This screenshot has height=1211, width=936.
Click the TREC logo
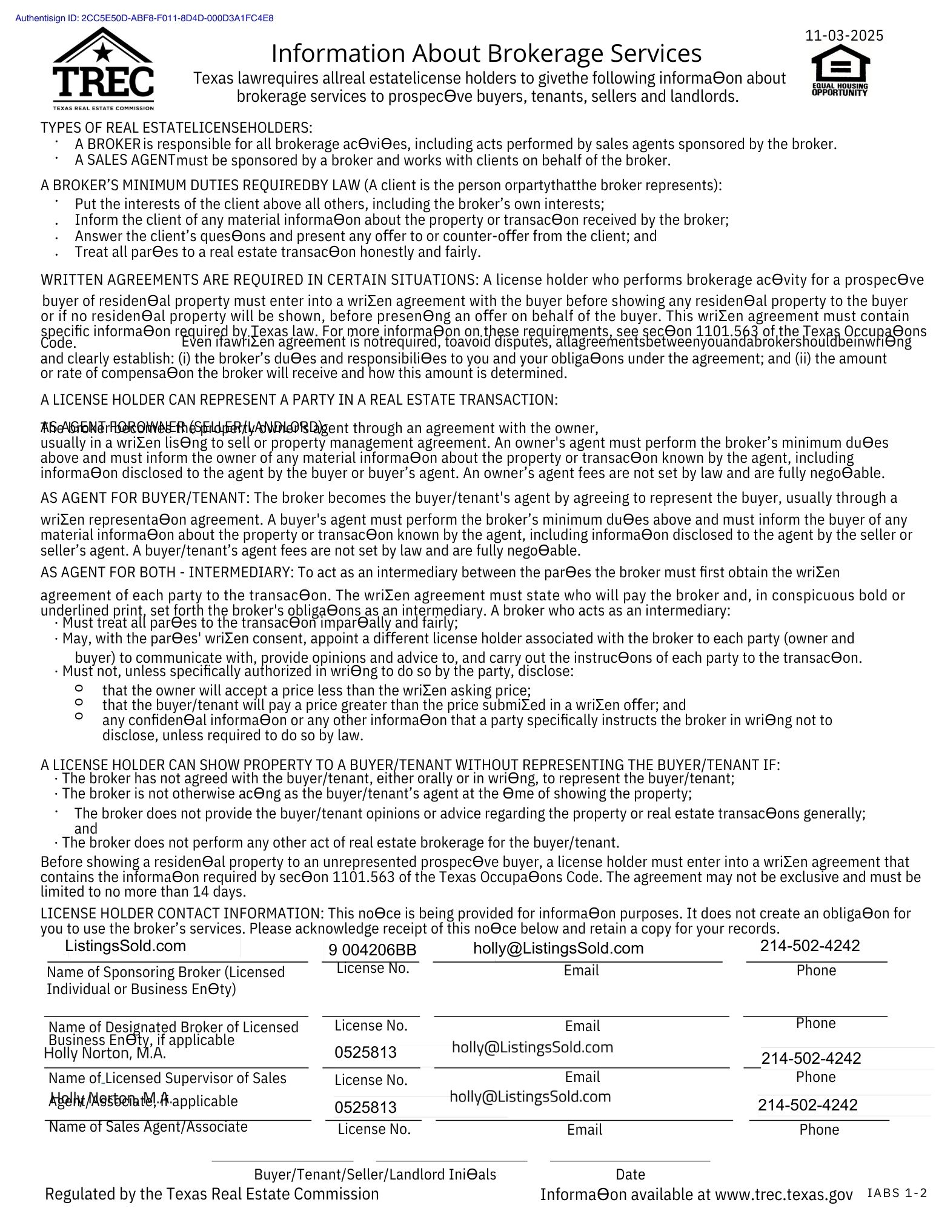pyautogui.click(x=103, y=68)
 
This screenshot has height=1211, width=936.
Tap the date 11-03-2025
pyautogui.click(x=844, y=36)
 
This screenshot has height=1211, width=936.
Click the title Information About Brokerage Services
pyautogui.click(x=486, y=53)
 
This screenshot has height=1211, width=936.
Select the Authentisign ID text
pyautogui.click(x=144, y=18)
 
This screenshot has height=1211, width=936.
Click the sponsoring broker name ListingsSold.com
pyautogui.click(x=125, y=946)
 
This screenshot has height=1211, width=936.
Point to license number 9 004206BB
pyautogui.click(x=372, y=950)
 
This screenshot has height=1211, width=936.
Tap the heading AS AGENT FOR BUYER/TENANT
pyautogui.click(x=144, y=498)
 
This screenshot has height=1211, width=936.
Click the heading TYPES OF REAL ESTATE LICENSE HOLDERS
pyautogui.click(x=176, y=128)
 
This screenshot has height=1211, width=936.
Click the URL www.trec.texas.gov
pyautogui.click(x=784, y=1195)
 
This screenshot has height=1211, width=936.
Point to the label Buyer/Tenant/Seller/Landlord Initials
pyautogui.click(x=375, y=1174)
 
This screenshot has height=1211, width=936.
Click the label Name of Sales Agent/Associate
pyautogui.click(x=148, y=1127)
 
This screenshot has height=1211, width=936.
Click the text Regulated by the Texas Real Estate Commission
pyautogui.click(x=212, y=1194)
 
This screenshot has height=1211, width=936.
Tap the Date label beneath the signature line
pyautogui.click(x=630, y=1174)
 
